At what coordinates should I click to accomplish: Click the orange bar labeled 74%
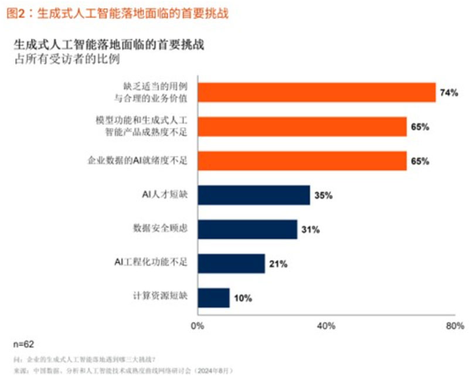pyautogui.click(x=317, y=92)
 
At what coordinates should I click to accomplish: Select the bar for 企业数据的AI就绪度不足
pyautogui.click(x=302, y=161)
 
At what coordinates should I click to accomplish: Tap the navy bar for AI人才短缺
pyautogui.click(x=254, y=195)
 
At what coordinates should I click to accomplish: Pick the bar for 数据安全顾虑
pyautogui.click(x=247, y=229)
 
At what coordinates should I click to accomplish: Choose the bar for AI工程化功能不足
pyautogui.click(x=232, y=264)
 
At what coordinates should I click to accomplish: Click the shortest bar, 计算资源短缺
pyautogui.click(x=214, y=298)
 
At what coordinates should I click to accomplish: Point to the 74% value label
pyautogui.click(x=448, y=93)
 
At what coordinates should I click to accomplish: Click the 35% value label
pyautogui.click(x=323, y=196)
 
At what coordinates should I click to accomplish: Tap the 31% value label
pyautogui.click(x=310, y=230)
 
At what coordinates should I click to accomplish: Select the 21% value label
pyautogui.click(x=278, y=264)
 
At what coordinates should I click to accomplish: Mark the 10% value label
pyautogui.click(x=243, y=298)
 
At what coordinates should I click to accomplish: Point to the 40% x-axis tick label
pyautogui.click(x=326, y=325)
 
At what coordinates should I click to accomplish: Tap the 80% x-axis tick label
pyautogui.click(x=454, y=325)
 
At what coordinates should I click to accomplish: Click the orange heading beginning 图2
pyautogui.click(x=117, y=13)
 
